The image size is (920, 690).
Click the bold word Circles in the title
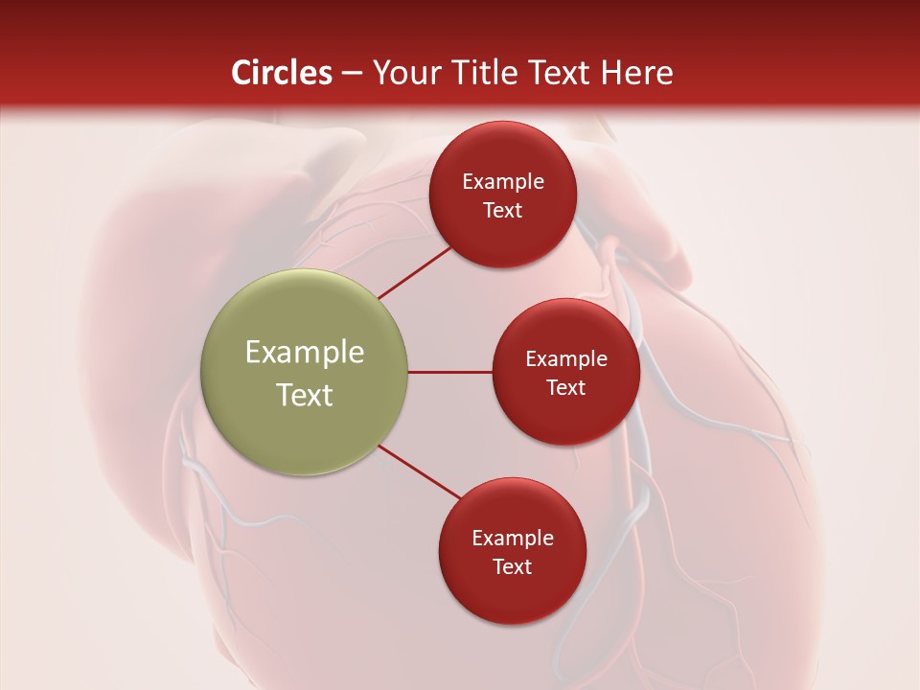click(281, 73)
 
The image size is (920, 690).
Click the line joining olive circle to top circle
click(416, 271)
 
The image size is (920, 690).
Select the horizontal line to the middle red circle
click(449, 372)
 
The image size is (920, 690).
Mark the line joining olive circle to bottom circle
click(420, 472)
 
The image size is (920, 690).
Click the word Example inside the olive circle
click(304, 353)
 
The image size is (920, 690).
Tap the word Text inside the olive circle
click(304, 395)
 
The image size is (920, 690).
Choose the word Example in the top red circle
click(503, 182)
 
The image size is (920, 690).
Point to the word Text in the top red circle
click(503, 210)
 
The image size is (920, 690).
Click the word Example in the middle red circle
click(565, 359)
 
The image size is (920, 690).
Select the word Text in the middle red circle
click(565, 387)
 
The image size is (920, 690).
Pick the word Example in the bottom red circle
click(513, 539)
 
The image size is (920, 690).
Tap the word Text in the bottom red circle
click(513, 566)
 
